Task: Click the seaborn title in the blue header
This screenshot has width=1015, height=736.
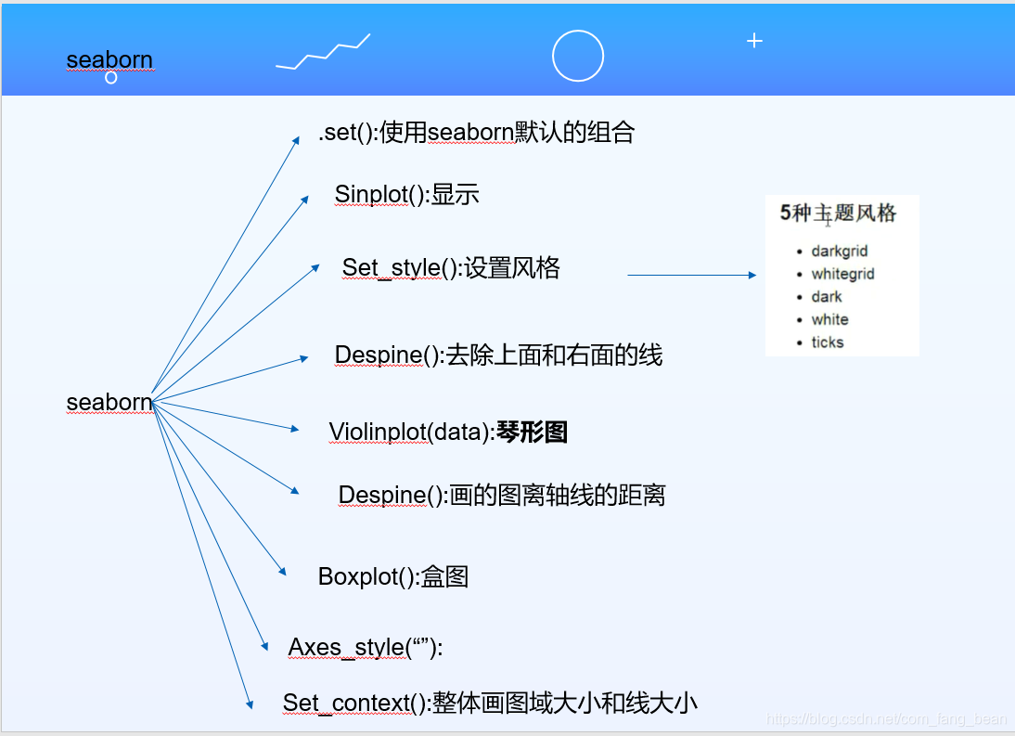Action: (x=109, y=60)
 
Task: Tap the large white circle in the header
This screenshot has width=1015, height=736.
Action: (x=578, y=56)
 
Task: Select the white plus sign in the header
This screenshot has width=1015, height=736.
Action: (x=754, y=41)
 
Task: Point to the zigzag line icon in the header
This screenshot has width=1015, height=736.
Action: (x=323, y=53)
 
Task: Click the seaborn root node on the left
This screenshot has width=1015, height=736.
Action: (x=109, y=403)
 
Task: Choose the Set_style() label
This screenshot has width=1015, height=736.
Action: (x=402, y=268)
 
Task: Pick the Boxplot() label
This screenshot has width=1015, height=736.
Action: (x=368, y=576)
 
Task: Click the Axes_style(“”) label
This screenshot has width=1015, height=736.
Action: (x=366, y=647)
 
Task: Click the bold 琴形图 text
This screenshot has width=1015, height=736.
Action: (x=532, y=433)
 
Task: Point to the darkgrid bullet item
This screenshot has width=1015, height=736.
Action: (x=839, y=252)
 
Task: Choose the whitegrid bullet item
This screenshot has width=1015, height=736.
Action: (x=842, y=274)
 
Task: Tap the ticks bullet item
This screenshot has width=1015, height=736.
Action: (x=827, y=342)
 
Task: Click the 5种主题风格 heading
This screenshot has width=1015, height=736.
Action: (x=838, y=213)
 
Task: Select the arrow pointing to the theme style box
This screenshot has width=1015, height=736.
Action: (x=692, y=275)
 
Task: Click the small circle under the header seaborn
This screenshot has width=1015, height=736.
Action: (x=111, y=78)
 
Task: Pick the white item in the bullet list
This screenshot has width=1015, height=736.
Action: (x=829, y=319)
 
